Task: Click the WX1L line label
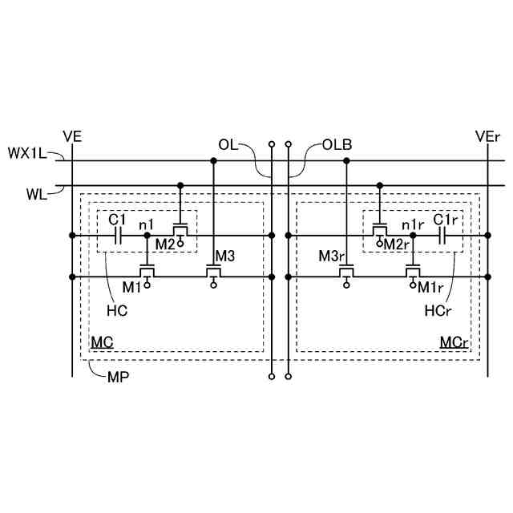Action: (x=25, y=151)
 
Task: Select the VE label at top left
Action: (x=72, y=136)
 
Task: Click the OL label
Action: (x=228, y=144)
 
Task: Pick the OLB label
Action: (x=337, y=145)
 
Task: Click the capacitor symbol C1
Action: (x=118, y=236)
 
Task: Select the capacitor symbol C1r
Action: (x=442, y=236)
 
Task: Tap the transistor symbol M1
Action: (x=147, y=270)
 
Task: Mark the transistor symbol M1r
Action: (x=412, y=270)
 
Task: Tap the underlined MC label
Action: (x=101, y=342)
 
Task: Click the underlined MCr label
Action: (x=454, y=342)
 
